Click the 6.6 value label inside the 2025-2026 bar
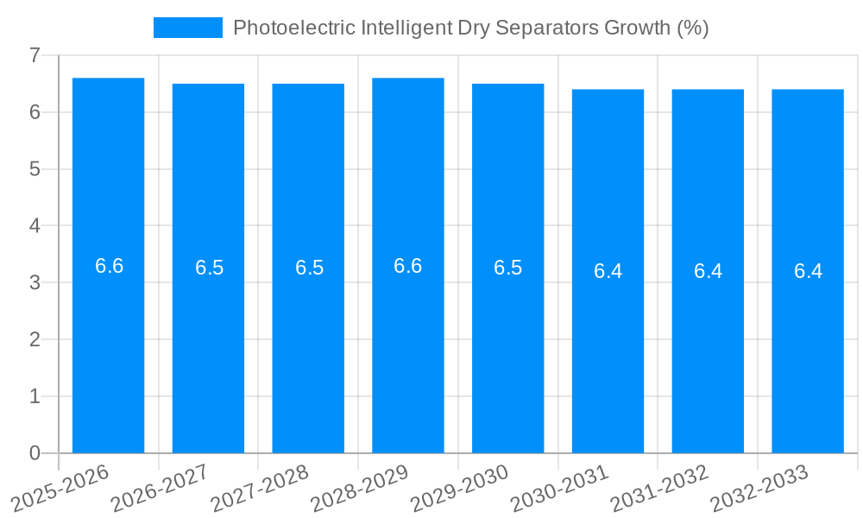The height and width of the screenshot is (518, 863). click(110, 266)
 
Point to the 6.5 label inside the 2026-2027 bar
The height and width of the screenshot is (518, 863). click(209, 268)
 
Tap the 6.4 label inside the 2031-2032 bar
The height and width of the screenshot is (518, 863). click(708, 271)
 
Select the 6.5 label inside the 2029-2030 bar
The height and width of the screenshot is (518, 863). click(507, 268)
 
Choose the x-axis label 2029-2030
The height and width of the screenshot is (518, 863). click(460, 488)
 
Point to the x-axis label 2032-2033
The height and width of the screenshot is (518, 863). click(760, 488)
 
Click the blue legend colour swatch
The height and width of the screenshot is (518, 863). click(187, 28)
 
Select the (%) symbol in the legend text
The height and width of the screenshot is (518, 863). click(692, 28)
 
